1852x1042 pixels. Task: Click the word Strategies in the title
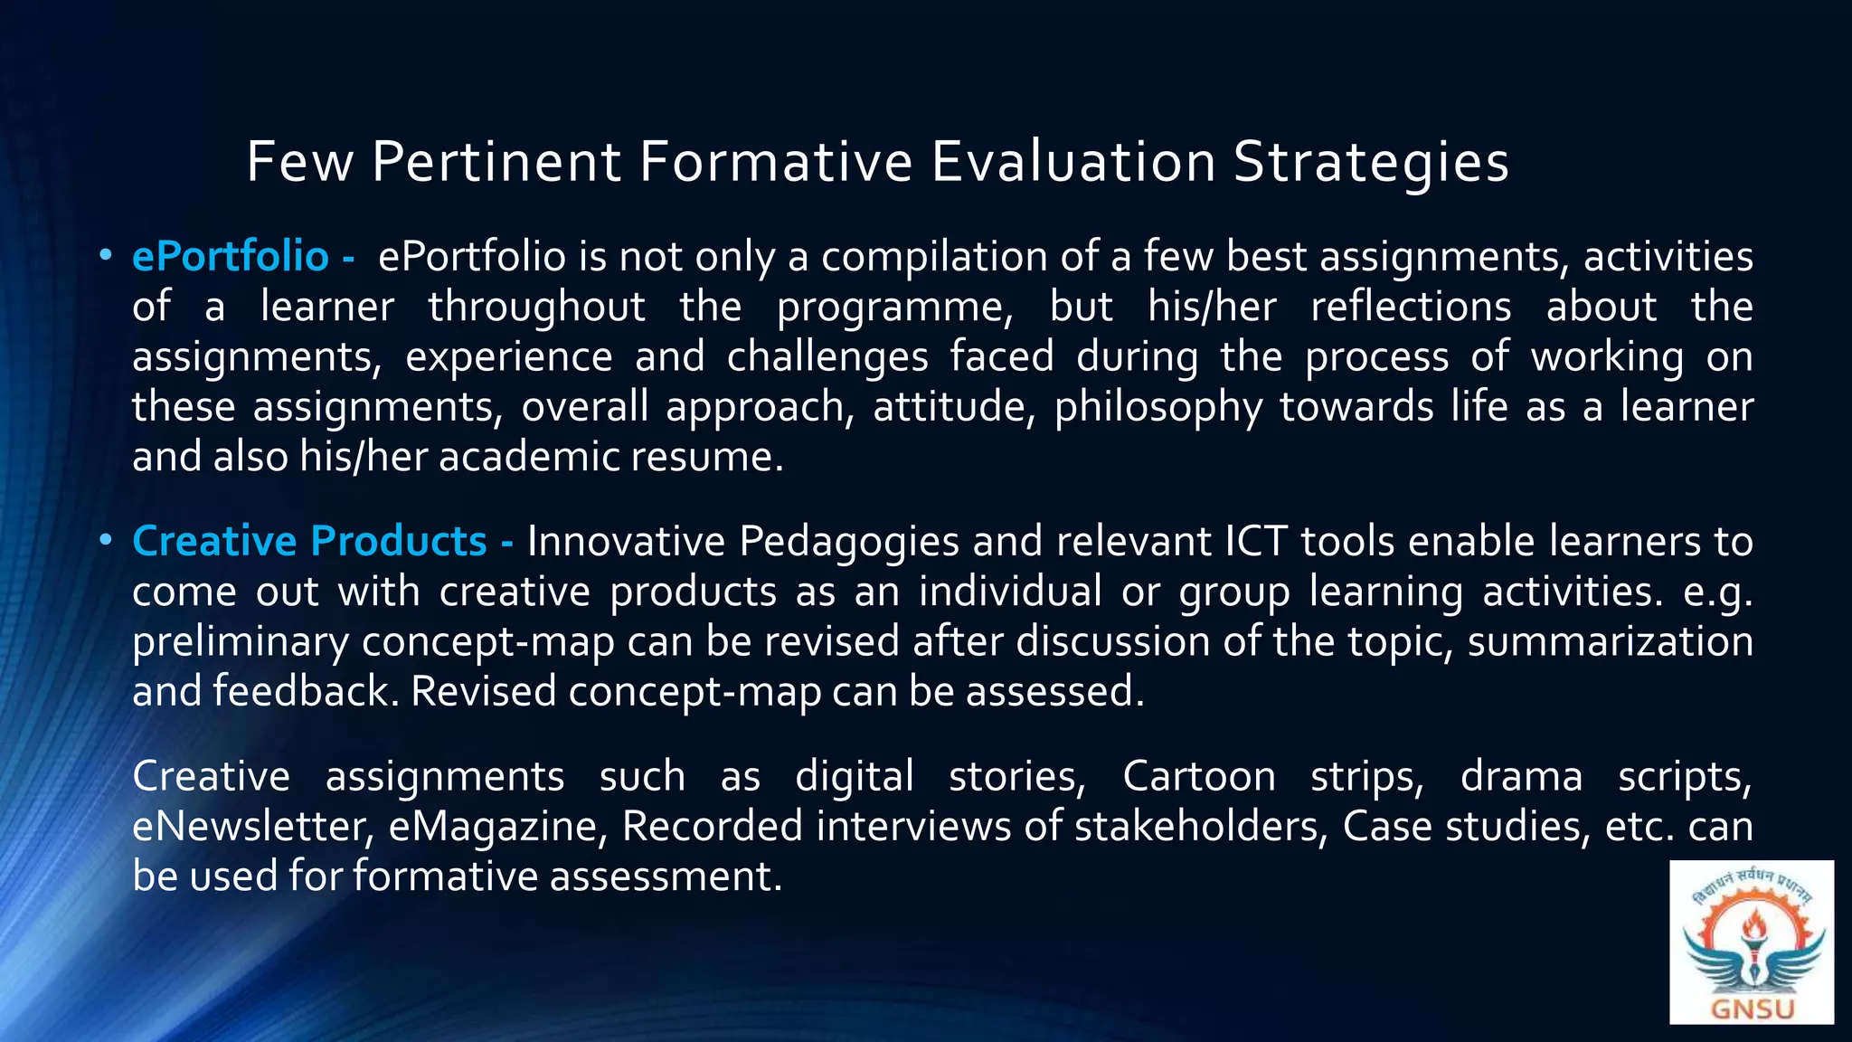click(1371, 163)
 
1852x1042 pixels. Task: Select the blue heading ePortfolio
click(230, 257)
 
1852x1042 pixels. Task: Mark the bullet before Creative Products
click(106, 541)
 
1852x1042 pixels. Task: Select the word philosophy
click(1158, 407)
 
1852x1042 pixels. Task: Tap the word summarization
click(1610, 642)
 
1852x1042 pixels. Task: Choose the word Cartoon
click(1198, 777)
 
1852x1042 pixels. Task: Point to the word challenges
click(827, 357)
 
